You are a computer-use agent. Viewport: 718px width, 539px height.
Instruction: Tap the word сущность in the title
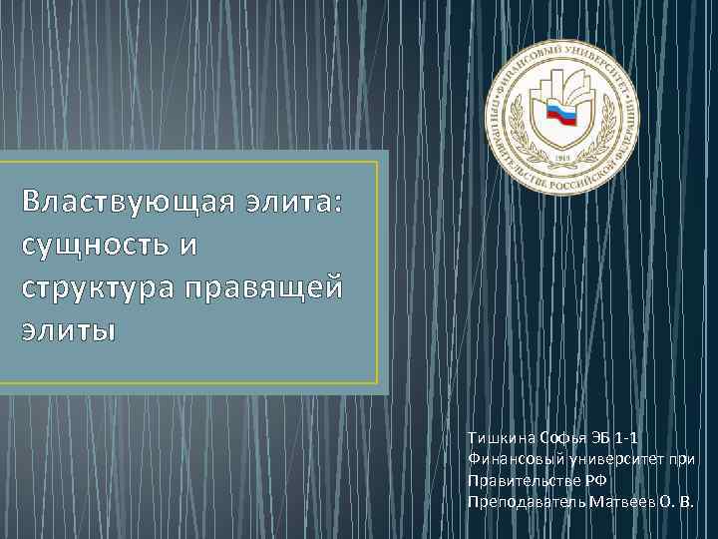[87, 244]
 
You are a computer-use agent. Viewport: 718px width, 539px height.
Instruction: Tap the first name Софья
[566, 437]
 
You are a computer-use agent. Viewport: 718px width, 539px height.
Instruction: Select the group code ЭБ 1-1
[620, 437]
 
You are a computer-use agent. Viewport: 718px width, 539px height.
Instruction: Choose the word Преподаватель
[526, 500]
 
